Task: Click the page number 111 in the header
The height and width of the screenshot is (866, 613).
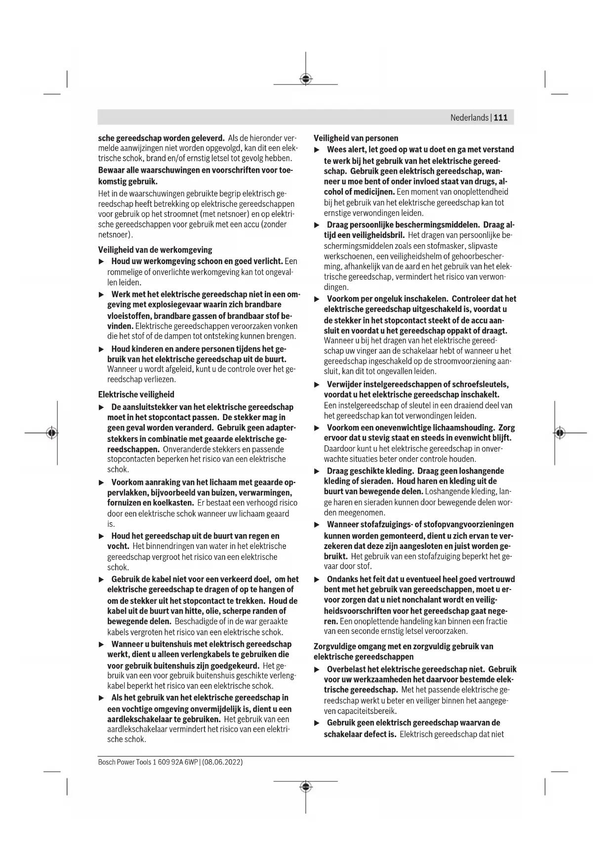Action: click(x=500, y=118)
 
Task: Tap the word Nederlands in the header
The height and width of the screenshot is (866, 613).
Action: click(x=469, y=118)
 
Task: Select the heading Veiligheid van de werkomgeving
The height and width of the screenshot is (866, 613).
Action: click(x=155, y=250)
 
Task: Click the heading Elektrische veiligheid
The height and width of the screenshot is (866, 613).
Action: click(x=136, y=394)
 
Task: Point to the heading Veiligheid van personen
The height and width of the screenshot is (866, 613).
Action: click(x=356, y=138)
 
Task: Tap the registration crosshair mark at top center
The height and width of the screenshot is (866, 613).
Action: click(x=306, y=79)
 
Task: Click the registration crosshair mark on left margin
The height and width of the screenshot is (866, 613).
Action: click(x=51, y=433)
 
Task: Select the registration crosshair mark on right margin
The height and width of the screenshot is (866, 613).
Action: click(x=559, y=433)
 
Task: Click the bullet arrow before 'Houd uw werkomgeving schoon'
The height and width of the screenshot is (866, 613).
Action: click(x=102, y=261)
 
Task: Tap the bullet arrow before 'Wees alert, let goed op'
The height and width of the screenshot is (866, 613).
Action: click(x=318, y=150)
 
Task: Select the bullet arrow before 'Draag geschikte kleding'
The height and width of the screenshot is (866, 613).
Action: click(x=318, y=471)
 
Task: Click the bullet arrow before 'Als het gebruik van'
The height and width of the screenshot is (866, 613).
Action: click(x=102, y=698)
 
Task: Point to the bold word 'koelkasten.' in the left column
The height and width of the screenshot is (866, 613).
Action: click(x=173, y=503)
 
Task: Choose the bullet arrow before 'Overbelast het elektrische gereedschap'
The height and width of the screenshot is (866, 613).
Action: click(x=318, y=669)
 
